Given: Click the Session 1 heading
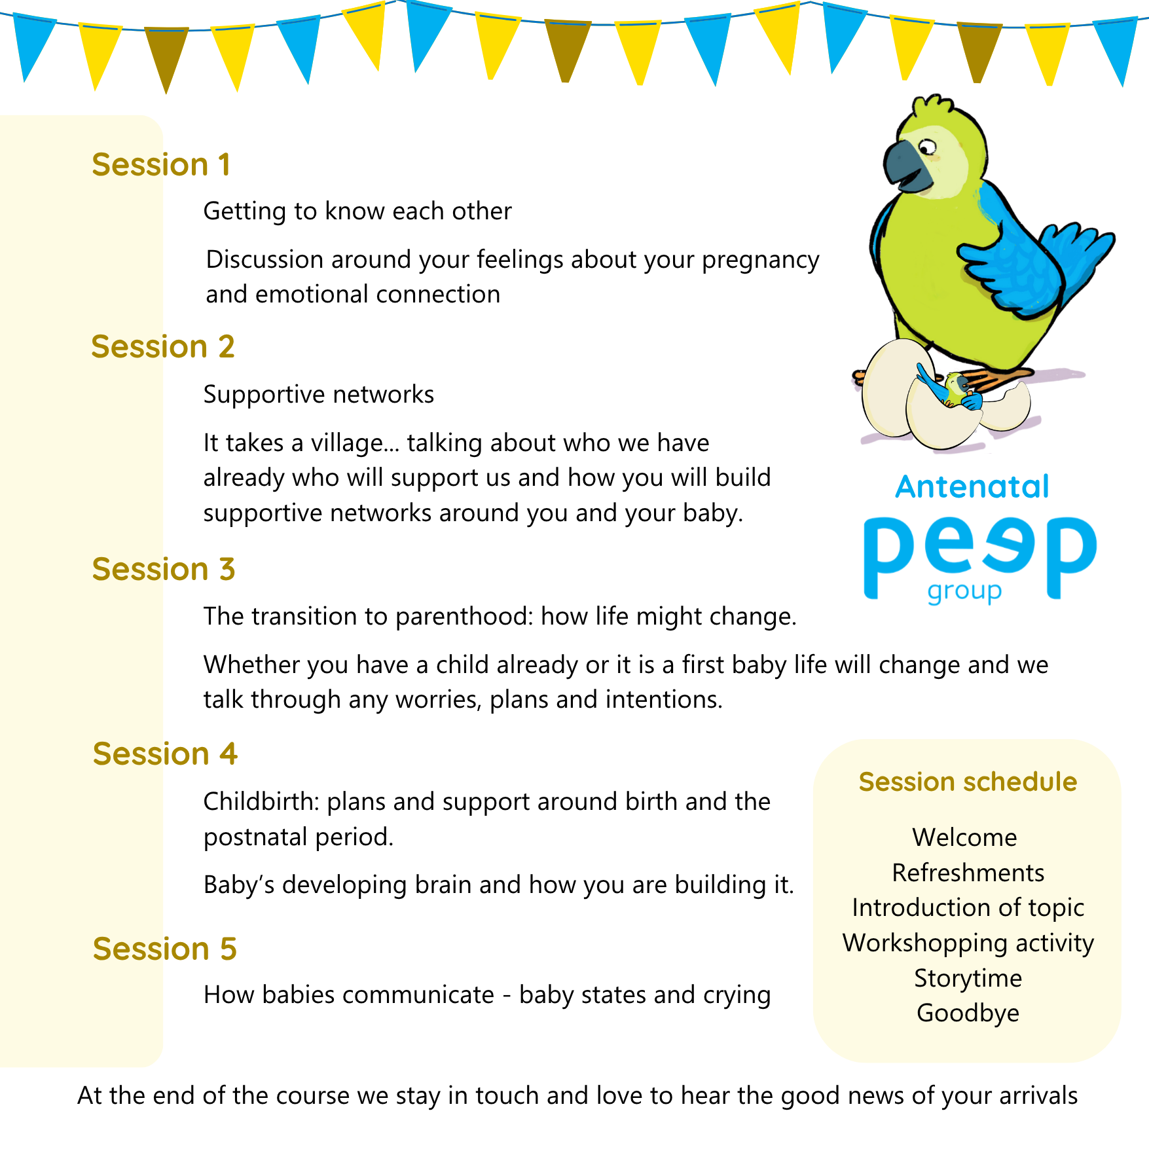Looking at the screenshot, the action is (x=161, y=164).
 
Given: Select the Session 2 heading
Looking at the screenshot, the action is (x=163, y=346).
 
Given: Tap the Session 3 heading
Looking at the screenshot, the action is (x=164, y=569).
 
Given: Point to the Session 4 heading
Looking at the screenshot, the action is (x=165, y=754).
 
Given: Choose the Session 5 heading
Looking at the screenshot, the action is (x=165, y=949).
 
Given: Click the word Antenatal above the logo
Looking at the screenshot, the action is (x=972, y=487).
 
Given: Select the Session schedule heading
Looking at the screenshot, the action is (x=968, y=782).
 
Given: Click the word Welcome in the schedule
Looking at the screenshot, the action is (x=965, y=837).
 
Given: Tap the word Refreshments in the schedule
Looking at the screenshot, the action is (x=968, y=873).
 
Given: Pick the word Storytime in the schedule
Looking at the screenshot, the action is (x=968, y=978).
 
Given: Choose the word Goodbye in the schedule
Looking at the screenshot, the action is (x=968, y=1013).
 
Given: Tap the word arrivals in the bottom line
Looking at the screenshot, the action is (x=1040, y=1096).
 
